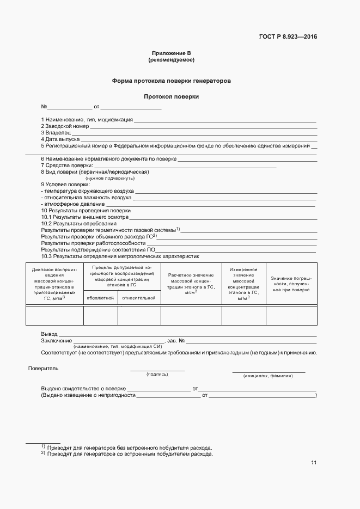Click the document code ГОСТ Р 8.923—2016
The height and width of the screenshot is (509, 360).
[x=288, y=37]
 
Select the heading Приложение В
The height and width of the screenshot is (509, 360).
[x=171, y=53]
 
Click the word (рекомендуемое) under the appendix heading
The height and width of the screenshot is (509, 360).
[x=171, y=59]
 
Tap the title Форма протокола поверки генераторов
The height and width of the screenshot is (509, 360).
[x=171, y=80]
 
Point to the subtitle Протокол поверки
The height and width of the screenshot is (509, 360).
[x=171, y=96]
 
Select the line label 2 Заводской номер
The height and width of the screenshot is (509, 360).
[x=65, y=126]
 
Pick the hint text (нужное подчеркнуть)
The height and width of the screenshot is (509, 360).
[x=110, y=178]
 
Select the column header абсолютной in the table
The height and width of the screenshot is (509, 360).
[x=100, y=298]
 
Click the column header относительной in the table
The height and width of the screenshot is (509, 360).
[x=139, y=298]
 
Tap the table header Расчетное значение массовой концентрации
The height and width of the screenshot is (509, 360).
[x=191, y=283]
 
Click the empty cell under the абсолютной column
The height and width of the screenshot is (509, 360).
[x=100, y=315]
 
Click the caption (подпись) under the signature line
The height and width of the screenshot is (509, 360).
[x=157, y=375]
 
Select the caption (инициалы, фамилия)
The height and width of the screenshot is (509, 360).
[x=268, y=376]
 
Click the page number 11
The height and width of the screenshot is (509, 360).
[x=314, y=463]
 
